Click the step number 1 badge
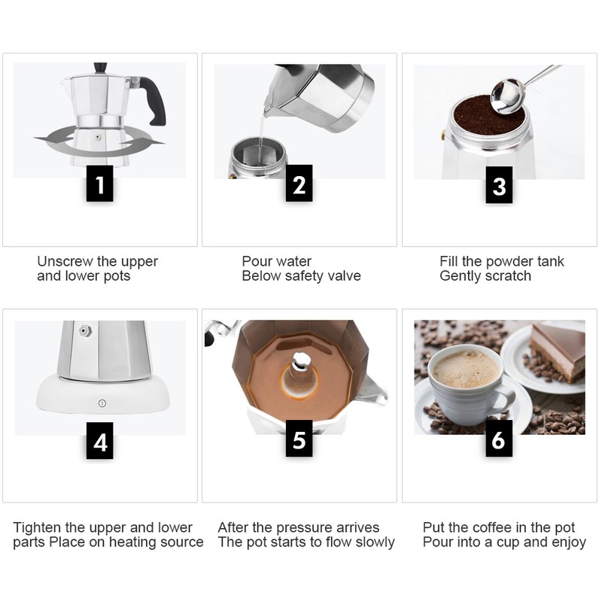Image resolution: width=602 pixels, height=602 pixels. pos(100,184)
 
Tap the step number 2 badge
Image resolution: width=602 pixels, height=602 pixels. pos(299,184)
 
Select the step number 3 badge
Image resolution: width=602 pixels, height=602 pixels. pos(499,184)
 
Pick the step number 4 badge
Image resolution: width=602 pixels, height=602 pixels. pos(100,442)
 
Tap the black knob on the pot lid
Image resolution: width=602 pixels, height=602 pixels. pos(100,68)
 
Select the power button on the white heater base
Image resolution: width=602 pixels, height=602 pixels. pos(102,403)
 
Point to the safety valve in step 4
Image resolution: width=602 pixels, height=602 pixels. pos(86,330)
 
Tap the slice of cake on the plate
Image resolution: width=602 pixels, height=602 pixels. pos(557,348)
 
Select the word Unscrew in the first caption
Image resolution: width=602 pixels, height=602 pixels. pos(66,262)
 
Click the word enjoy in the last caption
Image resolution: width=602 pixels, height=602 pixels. pos(567,543)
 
